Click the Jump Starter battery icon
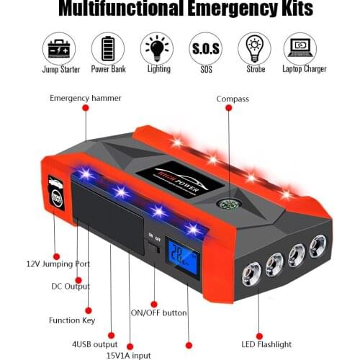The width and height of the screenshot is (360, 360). [60, 48]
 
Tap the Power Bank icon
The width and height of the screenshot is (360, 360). [108, 48]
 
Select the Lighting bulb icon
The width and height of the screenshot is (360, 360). [156, 48]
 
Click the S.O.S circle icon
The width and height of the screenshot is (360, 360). [204, 48]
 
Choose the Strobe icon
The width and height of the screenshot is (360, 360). [253, 48]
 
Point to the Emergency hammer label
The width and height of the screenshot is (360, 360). [86, 96]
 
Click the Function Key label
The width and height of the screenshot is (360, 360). [71, 320]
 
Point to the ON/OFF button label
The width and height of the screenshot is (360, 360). [158, 312]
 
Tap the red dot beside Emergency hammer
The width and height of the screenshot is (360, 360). [85, 107]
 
